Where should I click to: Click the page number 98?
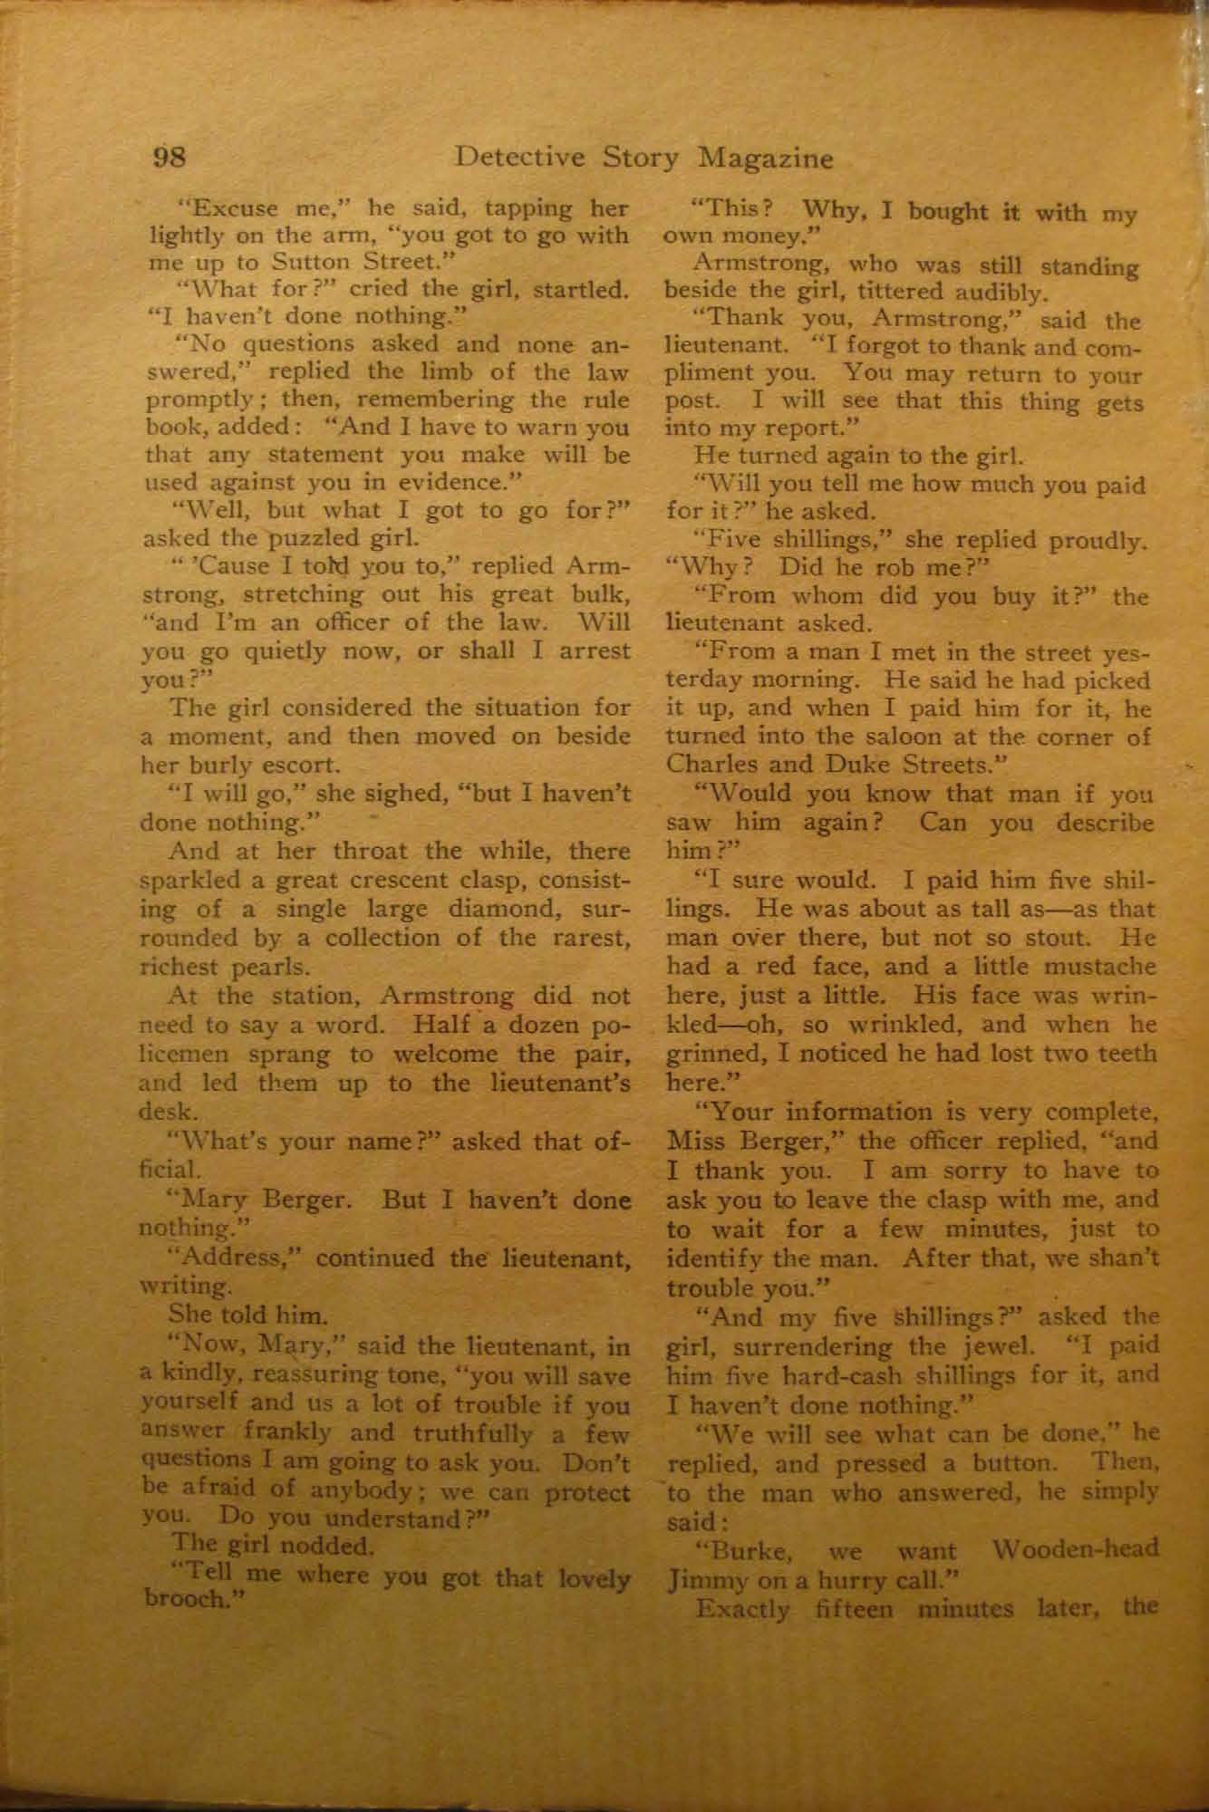coord(169,159)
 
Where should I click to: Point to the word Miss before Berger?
coord(695,1142)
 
